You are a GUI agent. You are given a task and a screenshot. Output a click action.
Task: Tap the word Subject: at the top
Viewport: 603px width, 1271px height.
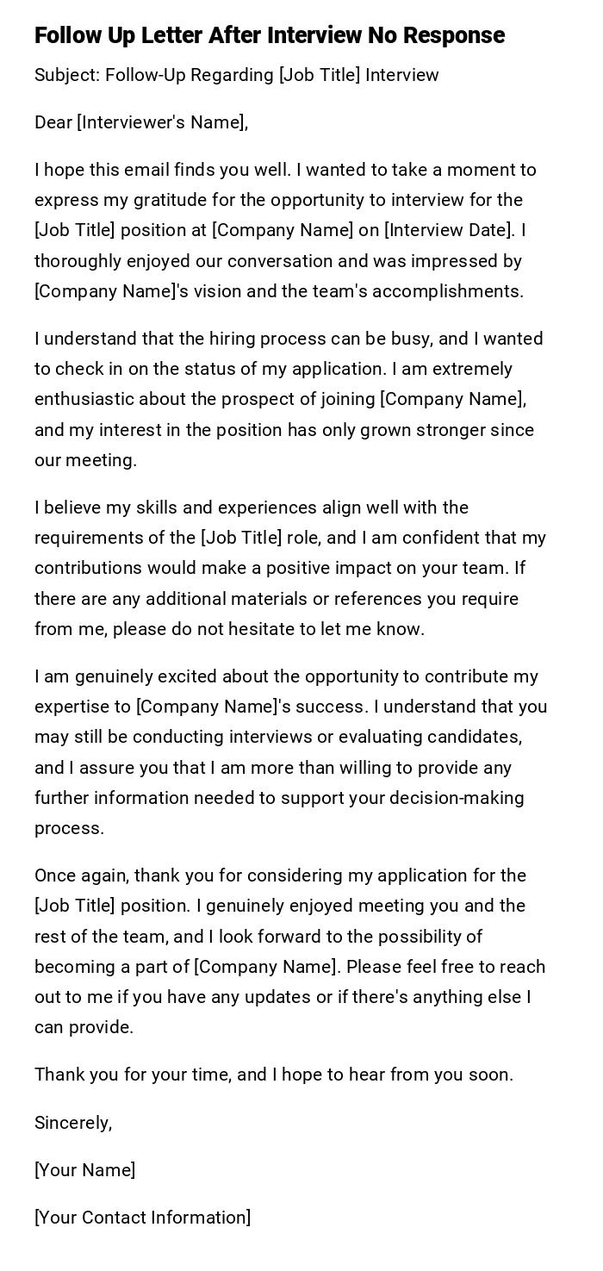click(x=66, y=75)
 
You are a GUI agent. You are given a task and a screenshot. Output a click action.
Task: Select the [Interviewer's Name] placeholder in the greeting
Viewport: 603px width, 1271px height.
click(x=162, y=122)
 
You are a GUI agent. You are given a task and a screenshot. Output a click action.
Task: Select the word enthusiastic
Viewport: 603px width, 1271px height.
click(x=84, y=399)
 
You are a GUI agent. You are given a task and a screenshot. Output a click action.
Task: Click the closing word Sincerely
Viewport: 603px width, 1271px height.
click(x=72, y=1122)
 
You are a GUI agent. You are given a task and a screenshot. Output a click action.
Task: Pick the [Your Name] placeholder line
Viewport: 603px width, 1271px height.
click(x=84, y=1169)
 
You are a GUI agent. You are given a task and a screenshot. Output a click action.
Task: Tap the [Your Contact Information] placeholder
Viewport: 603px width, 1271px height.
click(x=142, y=1217)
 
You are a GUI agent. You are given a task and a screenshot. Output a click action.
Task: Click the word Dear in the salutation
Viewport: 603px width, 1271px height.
click(x=53, y=122)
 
